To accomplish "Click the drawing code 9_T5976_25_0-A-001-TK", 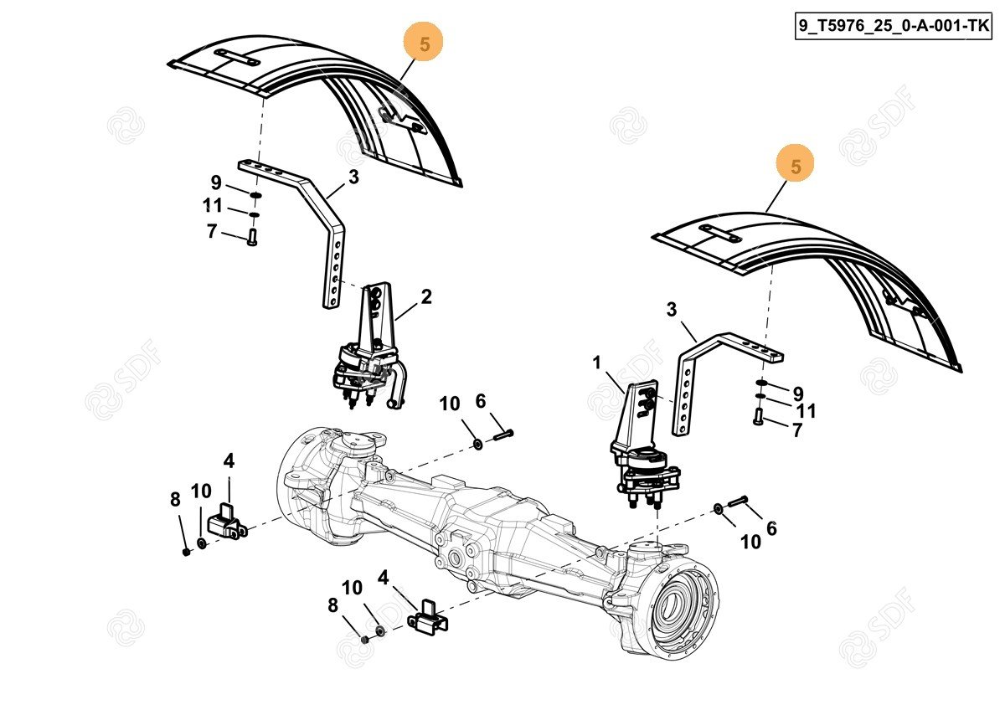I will [893, 25].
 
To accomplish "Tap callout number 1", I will [597, 363].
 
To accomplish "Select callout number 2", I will [426, 296].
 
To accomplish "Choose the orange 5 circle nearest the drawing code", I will [795, 166].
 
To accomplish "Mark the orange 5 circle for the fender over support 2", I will [425, 44].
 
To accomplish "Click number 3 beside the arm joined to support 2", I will [353, 177].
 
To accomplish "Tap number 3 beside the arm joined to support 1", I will [672, 310].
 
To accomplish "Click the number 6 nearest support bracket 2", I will [481, 402].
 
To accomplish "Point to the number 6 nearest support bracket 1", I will [771, 527].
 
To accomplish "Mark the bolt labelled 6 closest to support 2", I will [502, 433].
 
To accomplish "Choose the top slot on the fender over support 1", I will [719, 231].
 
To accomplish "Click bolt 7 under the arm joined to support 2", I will [251, 239].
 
